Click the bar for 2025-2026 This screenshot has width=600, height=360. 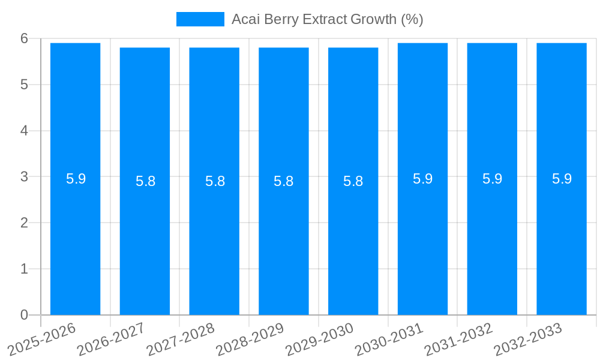point(75,240)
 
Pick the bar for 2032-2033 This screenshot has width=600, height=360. point(562,240)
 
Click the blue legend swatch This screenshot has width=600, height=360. point(200,19)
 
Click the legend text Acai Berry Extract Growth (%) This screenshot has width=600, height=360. point(327,19)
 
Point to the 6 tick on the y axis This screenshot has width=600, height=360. point(24,38)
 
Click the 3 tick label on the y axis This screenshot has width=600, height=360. point(24,177)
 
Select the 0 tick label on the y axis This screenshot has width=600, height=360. point(24,315)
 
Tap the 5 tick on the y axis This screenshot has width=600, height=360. point(24,85)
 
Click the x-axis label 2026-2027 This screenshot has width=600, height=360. point(110,340)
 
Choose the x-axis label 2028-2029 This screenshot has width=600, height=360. point(249,340)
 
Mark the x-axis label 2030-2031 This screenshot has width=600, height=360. point(388,340)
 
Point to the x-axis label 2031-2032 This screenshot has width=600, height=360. point(458,340)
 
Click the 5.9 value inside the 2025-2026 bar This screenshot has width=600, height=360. point(76,179)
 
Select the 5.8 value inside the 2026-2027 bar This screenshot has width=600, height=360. point(145,181)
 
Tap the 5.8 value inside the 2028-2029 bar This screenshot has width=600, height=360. point(284,181)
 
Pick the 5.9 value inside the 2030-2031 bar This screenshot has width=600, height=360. point(423,179)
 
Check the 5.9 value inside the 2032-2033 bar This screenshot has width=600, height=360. point(562,179)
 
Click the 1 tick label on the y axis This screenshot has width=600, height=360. point(24,269)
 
